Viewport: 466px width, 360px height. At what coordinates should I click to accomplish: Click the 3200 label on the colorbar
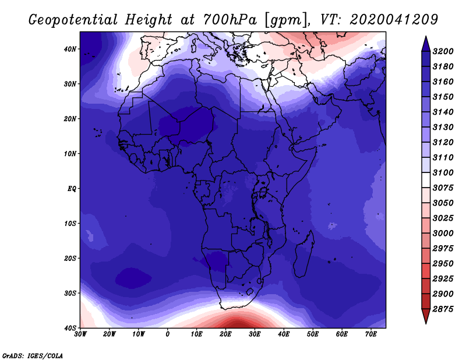tap(443, 51)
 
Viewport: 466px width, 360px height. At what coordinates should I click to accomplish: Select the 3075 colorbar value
tap(443, 188)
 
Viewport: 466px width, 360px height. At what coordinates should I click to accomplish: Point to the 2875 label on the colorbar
tap(443, 309)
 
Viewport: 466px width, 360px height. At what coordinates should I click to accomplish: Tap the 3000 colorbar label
tap(443, 234)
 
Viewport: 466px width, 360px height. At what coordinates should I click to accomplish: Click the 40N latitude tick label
tap(70, 49)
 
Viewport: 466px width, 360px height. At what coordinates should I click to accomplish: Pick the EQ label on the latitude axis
tap(72, 189)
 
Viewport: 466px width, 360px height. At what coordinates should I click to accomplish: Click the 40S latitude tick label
tap(70, 328)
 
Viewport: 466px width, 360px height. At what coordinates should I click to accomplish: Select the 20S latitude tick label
tap(70, 258)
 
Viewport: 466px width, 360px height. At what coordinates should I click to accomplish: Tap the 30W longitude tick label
tap(80, 334)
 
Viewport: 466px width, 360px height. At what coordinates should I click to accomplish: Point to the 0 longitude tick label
tap(168, 334)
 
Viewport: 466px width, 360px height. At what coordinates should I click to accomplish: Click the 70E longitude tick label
tap(370, 334)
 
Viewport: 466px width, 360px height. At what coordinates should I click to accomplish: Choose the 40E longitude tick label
tap(284, 334)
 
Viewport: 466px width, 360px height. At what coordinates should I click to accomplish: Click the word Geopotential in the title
tap(73, 20)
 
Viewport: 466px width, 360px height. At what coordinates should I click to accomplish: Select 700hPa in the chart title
tap(230, 20)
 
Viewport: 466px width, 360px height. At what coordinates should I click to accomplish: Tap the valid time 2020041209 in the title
tap(394, 20)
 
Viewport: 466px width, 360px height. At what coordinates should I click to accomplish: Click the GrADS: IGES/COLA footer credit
tap(33, 356)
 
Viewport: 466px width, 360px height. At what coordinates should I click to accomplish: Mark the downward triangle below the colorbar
tap(426, 316)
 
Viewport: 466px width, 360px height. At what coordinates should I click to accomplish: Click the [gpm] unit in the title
tap(286, 20)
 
